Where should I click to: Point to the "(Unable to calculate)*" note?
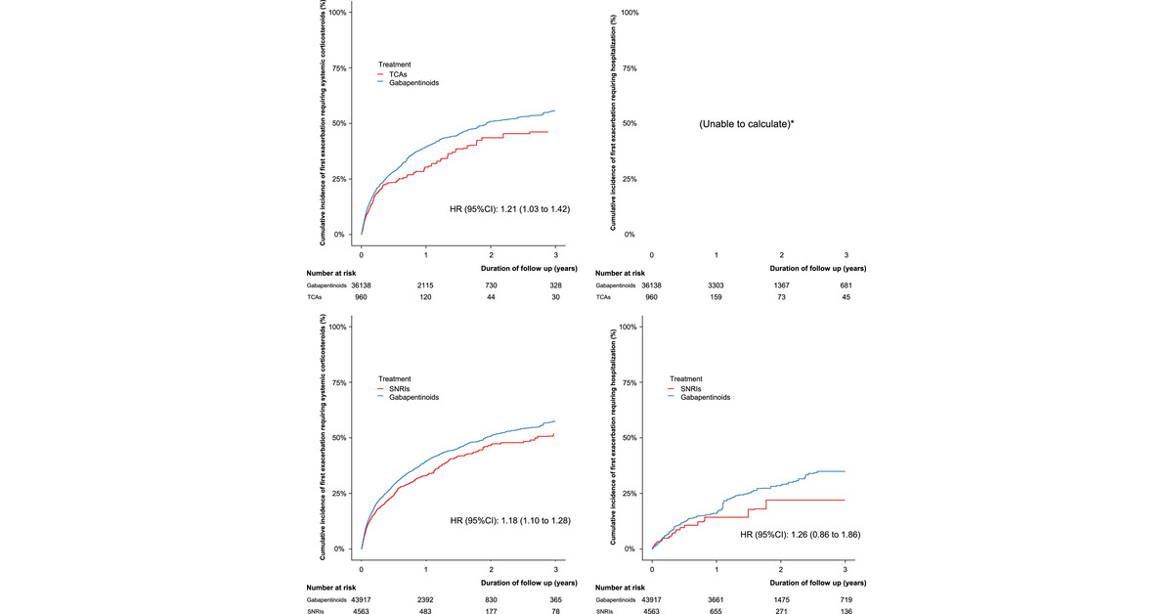coord(746,124)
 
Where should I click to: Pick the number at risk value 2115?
coord(426,285)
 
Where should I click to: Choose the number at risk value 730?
coord(491,285)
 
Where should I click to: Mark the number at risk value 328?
coord(555,285)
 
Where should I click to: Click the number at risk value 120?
coord(426,298)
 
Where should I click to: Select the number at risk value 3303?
coord(717,285)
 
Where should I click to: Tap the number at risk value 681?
coord(846,285)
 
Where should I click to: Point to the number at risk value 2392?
coord(426,599)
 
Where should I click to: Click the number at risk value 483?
coord(426,613)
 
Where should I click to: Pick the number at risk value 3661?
coord(717,599)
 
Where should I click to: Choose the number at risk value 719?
coord(846,599)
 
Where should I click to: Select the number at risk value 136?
coord(846,613)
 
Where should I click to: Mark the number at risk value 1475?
coord(781,599)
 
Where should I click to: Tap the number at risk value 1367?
coord(781,285)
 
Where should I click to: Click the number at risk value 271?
coord(781,613)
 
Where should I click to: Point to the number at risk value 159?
coord(717,298)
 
